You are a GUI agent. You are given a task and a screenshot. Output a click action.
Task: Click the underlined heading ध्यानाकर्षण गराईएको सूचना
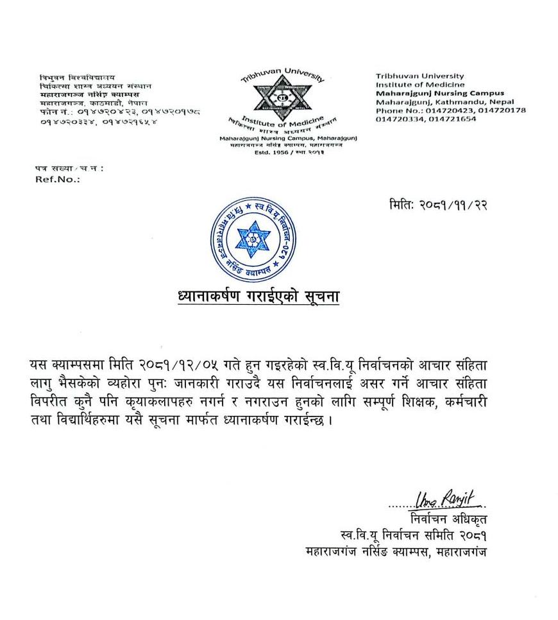click(x=258, y=297)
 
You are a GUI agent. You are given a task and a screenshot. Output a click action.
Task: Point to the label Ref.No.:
click(x=58, y=180)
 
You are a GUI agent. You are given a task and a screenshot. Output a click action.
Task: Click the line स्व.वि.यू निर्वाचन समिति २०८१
click(x=418, y=535)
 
